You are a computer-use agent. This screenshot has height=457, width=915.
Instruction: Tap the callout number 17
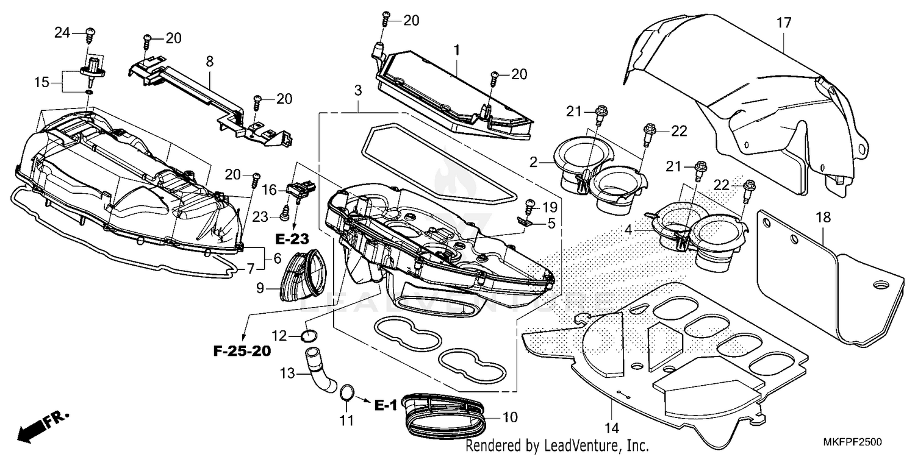coord(784,23)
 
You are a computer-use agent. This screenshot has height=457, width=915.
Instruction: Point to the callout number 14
coord(611,427)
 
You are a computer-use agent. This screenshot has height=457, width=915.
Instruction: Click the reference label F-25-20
coord(242,351)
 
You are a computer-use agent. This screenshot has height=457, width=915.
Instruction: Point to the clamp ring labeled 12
coord(310,336)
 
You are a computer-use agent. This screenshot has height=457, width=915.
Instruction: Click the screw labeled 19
coord(529,206)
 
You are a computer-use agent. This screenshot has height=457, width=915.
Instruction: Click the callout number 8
coord(209,61)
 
